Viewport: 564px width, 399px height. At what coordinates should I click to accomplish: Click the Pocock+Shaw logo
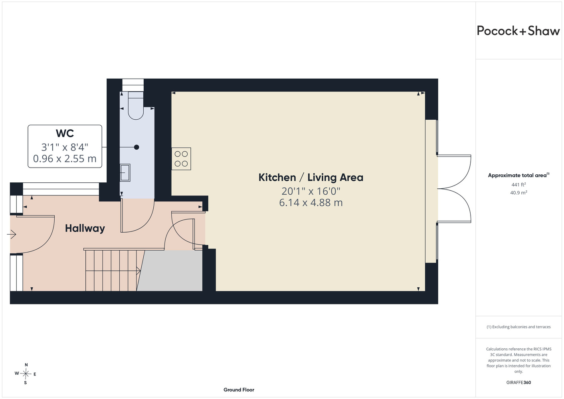coord(518,31)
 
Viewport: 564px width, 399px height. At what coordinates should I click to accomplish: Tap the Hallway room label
coord(85,229)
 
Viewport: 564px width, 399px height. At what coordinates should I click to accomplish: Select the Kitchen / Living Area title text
coord(311,178)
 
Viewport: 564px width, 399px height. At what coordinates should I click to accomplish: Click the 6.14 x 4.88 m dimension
coord(311,203)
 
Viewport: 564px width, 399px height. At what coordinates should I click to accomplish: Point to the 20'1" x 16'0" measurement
coord(311,191)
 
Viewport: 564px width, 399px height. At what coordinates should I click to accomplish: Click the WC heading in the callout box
coord(65,133)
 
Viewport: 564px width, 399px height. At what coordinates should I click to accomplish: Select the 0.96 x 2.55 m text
coord(65,158)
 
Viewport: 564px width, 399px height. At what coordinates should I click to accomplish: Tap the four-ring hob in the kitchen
coord(181,158)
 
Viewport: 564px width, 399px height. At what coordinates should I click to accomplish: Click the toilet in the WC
coord(136,105)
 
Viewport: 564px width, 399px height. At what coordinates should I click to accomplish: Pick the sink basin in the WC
coord(125,172)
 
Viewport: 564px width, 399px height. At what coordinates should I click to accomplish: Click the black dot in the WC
coord(137,147)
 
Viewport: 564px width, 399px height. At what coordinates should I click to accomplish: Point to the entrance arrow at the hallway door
coord(12,235)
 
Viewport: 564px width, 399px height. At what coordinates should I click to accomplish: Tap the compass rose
coord(26,374)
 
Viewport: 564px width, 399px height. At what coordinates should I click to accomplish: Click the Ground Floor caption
coord(239,390)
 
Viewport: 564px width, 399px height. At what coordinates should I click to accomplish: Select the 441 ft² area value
coord(518,184)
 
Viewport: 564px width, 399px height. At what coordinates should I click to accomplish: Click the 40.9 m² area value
coord(518,193)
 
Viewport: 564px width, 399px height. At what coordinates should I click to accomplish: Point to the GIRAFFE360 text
coord(518,383)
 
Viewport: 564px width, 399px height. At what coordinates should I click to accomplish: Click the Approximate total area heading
coord(518,175)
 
